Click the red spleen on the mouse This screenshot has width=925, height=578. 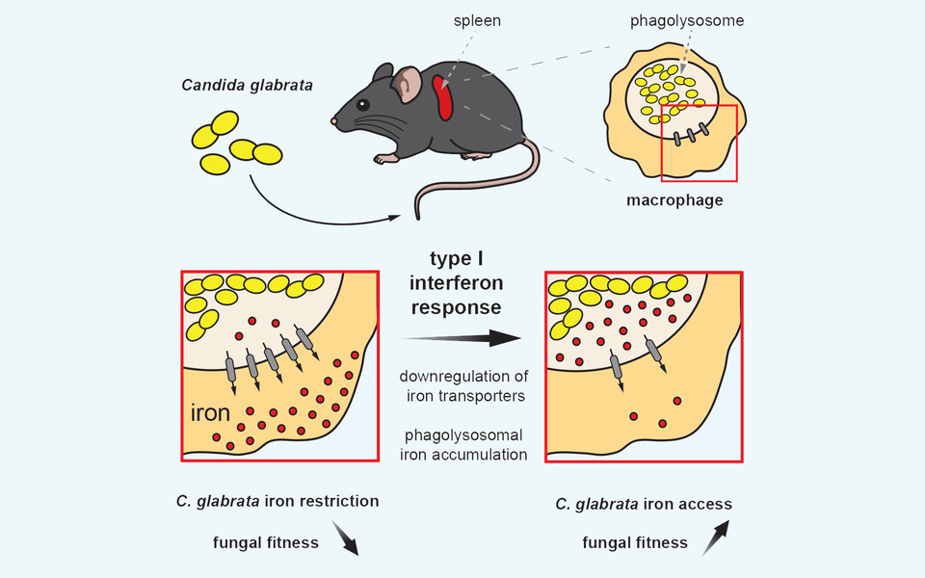[445, 99]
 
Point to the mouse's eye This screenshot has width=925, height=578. [361, 103]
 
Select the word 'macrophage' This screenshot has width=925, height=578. [674, 200]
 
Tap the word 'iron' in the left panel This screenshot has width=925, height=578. [210, 414]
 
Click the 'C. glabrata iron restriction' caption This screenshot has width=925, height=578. [277, 501]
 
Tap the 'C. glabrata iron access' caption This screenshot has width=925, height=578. [643, 504]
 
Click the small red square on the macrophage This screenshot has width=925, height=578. [699, 143]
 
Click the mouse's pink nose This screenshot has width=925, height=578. [333, 121]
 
